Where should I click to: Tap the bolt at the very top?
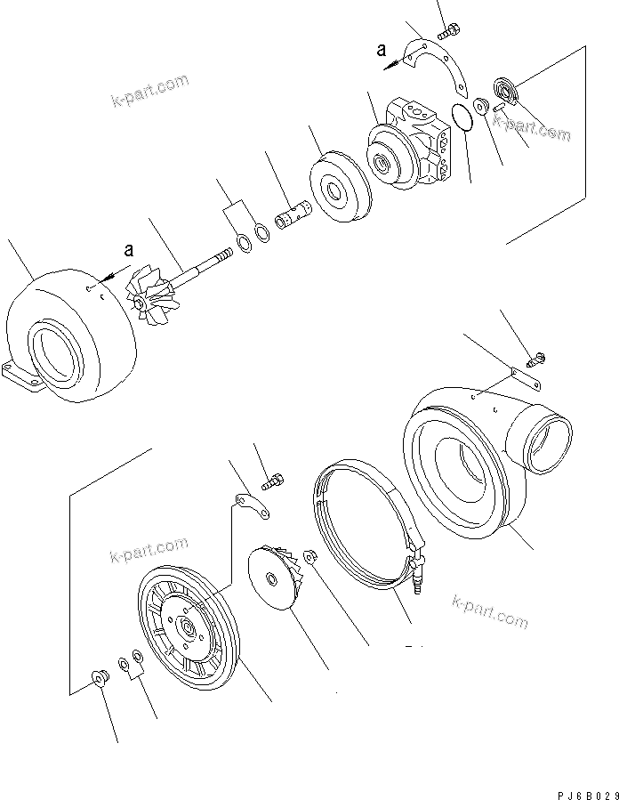pyautogui.click(x=448, y=32)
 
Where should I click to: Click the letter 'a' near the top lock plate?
pyautogui.click(x=382, y=52)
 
